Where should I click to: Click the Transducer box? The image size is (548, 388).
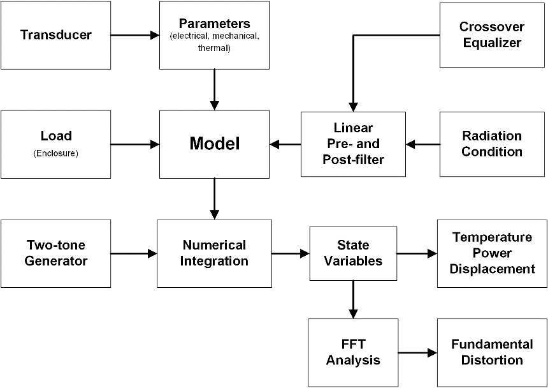pyautogui.click(x=56, y=35)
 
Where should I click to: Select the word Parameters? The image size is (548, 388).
pyautogui.click(x=215, y=24)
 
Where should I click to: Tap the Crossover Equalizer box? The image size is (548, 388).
pyautogui.click(x=492, y=35)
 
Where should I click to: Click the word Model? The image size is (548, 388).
pyautogui.click(x=215, y=144)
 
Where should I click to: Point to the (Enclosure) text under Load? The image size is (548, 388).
pyautogui.click(x=56, y=154)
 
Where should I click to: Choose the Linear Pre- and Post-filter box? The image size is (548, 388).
pyautogui.click(x=354, y=144)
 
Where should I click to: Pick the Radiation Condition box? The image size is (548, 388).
pyautogui.click(x=492, y=144)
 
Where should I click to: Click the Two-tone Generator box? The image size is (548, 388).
pyautogui.click(x=56, y=253)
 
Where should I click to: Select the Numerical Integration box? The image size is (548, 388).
pyautogui.click(x=215, y=253)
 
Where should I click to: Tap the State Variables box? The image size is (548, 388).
pyautogui.click(x=354, y=253)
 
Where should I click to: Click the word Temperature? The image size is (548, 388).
pyautogui.click(x=492, y=237)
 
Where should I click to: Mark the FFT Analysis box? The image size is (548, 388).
pyautogui.click(x=354, y=353)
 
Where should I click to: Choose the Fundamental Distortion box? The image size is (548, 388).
pyautogui.click(x=492, y=353)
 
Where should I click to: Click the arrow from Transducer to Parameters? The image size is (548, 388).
pyautogui.click(x=135, y=35)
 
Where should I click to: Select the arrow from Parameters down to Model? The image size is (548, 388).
pyautogui.click(x=215, y=89)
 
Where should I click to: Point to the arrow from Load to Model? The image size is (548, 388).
pyautogui.click(x=135, y=144)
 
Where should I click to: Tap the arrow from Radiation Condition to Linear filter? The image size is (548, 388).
pyautogui.click(x=423, y=144)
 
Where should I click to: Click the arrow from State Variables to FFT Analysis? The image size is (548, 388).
pyautogui.click(x=354, y=299)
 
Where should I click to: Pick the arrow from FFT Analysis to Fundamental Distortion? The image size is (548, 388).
pyautogui.click(x=417, y=353)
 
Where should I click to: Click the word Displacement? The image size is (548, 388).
pyautogui.click(x=492, y=269)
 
